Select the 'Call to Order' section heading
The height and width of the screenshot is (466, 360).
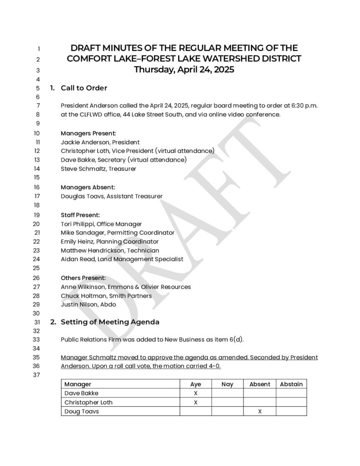[x=84, y=88]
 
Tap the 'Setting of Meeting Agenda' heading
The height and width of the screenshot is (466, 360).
[x=110, y=322]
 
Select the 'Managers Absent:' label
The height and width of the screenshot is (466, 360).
[x=88, y=187]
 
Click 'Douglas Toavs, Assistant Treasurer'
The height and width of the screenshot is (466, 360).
[x=112, y=196]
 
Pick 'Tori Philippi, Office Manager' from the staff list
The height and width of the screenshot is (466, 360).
[x=101, y=224]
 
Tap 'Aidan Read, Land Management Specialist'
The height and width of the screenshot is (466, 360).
[x=122, y=259]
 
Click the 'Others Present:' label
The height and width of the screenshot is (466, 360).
[x=83, y=278]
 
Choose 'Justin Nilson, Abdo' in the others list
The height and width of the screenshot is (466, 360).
[x=88, y=304]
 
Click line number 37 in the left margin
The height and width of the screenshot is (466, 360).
[x=37, y=375]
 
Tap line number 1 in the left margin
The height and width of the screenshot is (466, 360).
[x=39, y=49]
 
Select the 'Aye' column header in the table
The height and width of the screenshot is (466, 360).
[x=195, y=384]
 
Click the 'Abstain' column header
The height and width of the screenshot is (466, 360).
[x=291, y=384]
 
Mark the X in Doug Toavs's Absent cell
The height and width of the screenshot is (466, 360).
[x=260, y=411]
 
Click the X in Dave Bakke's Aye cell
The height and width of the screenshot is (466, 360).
[x=196, y=393]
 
